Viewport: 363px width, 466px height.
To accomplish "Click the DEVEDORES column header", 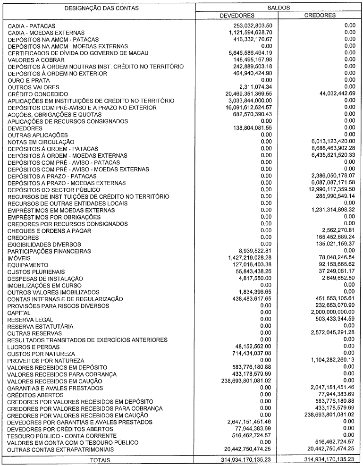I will pos(237,15).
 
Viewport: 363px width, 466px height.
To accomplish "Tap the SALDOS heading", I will pos(279,8).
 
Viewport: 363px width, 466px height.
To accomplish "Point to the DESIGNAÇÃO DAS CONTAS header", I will pos(98,8).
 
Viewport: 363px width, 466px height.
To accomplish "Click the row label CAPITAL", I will pos(19,313).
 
